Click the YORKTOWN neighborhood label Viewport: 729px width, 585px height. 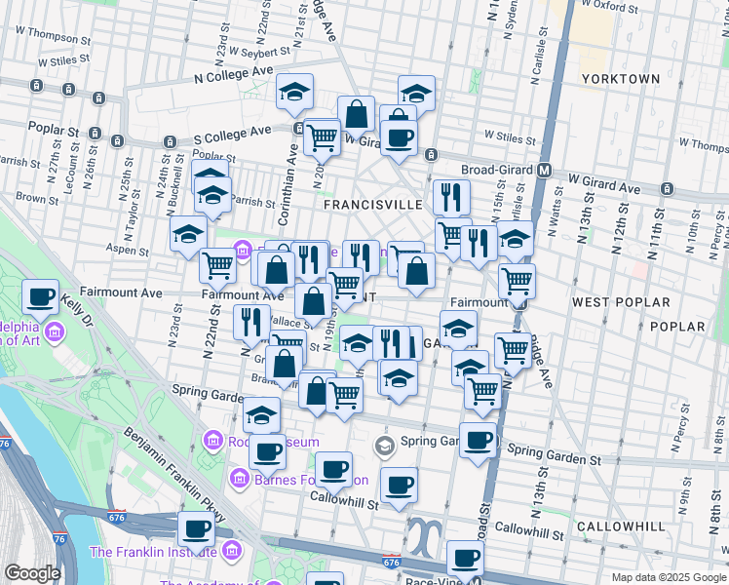tap(620, 78)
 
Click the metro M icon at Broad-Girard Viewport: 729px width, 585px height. tap(545, 170)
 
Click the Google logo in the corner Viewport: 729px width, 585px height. tap(32, 573)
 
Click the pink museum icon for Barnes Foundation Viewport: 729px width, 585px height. tap(238, 480)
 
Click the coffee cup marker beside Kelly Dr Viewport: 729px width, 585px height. tap(41, 296)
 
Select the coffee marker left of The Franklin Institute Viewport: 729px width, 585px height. tap(196, 529)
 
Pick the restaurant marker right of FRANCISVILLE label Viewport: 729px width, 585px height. tap(450, 197)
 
